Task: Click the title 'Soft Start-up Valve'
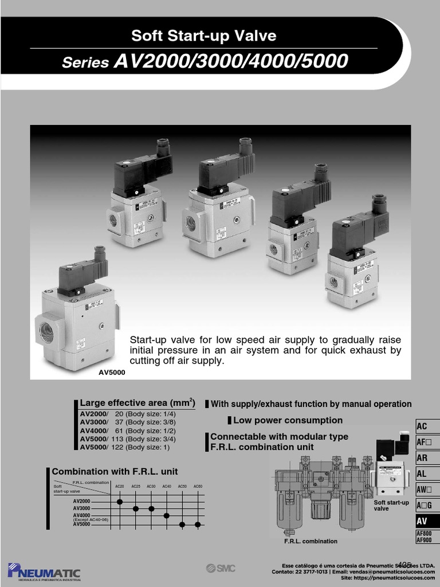203,36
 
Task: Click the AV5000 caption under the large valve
112,372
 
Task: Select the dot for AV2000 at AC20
120,502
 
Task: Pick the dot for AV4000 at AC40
167,515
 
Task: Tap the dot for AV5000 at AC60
198,524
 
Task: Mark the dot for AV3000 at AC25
136,508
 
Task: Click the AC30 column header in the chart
151,487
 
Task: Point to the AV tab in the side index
422,521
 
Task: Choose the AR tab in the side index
422,458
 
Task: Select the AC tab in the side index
422,426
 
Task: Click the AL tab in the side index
422,474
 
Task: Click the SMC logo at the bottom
221,568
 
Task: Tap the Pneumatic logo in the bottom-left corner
44,571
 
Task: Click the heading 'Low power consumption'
288,420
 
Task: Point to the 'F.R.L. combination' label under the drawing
311,541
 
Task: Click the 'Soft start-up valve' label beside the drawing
391,506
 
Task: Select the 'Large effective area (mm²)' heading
137,402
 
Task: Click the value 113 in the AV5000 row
116,439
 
